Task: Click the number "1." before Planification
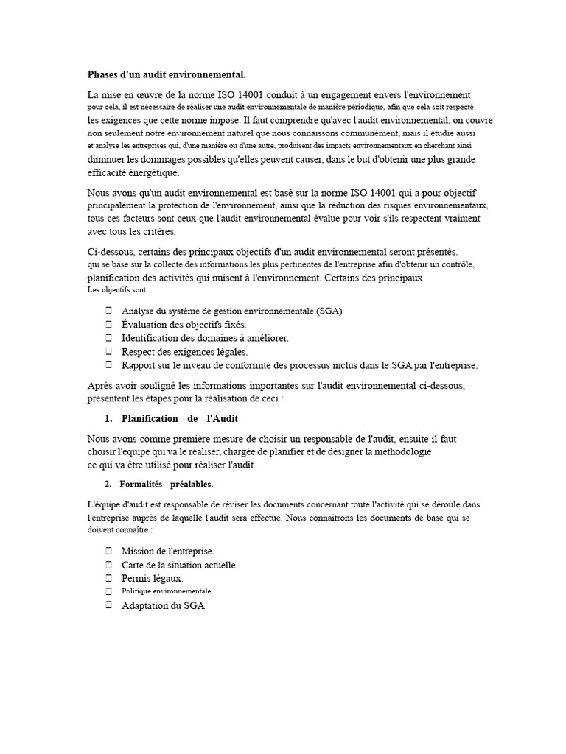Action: tap(108, 418)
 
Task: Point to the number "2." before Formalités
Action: tap(108, 484)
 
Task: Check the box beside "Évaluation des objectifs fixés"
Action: tap(108, 324)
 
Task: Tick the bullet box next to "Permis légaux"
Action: tap(108, 578)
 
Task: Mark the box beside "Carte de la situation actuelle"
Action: tap(108, 565)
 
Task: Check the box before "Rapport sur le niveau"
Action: tap(108, 364)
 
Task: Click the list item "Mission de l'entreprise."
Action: tap(167, 551)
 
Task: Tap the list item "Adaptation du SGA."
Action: tap(164, 605)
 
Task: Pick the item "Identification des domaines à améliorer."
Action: tap(205, 338)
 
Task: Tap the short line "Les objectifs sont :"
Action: tap(118, 289)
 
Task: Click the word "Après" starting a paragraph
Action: tap(100, 386)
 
